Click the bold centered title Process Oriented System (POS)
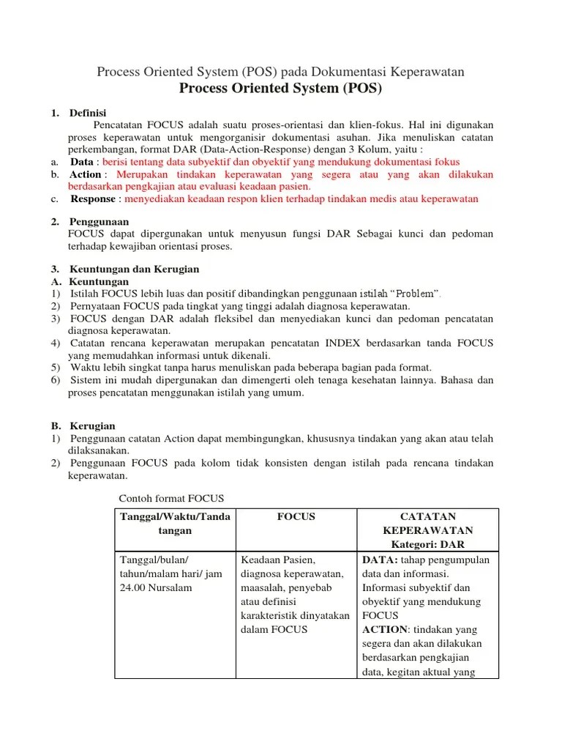(x=280, y=89)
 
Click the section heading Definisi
(x=88, y=112)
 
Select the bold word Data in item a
(x=81, y=162)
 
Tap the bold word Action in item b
(x=86, y=174)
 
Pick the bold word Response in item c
(x=92, y=198)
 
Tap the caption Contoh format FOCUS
(x=171, y=498)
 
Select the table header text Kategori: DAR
(x=427, y=544)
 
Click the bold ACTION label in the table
(x=384, y=629)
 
